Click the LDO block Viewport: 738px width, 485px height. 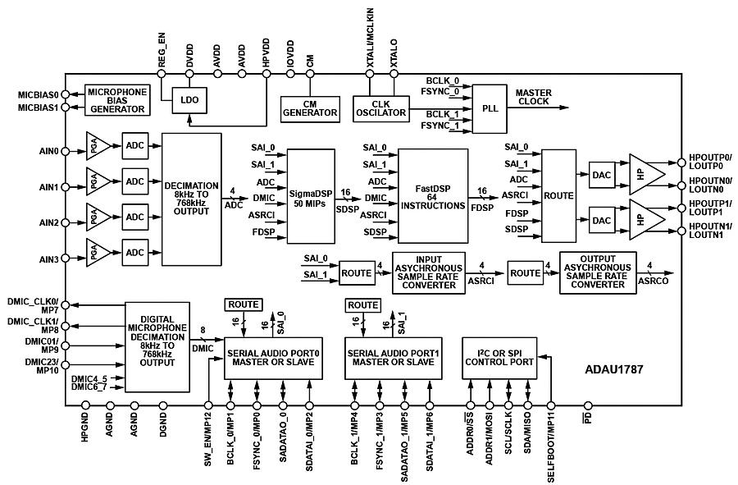tap(190, 100)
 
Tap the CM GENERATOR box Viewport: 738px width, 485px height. tap(310, 107)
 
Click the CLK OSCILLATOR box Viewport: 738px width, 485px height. tap(381, 107)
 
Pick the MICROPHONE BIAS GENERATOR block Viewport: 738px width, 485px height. tap(117, 100)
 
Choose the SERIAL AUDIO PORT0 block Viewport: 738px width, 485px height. tap(274, 358)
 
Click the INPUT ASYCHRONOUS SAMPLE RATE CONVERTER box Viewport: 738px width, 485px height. tap(429, 272)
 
